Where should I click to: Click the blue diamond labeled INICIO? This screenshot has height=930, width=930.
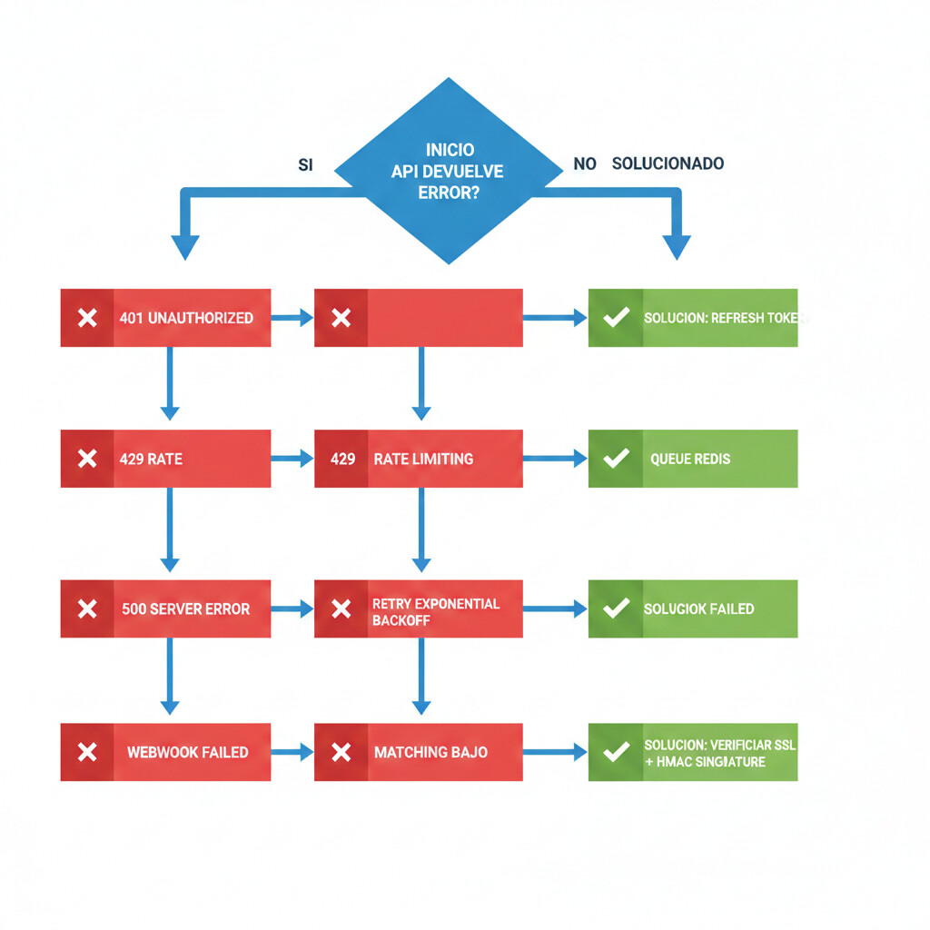pos(449,171)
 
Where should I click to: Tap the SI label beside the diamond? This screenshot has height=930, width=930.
pos(305,164)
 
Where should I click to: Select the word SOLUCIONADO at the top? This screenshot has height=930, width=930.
pos(668,163)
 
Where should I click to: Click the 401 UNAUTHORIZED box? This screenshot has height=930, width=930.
pos(165,318)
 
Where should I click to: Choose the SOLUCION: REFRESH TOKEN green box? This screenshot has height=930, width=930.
pos(693,318)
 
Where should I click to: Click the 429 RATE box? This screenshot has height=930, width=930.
pos(165,459)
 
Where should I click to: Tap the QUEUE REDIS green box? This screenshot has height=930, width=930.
pos(693,459)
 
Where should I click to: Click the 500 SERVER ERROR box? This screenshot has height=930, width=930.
pos(165,608)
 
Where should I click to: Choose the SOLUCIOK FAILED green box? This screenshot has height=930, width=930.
pos(693,608)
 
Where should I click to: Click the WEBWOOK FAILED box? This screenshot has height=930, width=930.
pos(165,752)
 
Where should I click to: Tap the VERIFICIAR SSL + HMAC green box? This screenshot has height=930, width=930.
pos(693,752)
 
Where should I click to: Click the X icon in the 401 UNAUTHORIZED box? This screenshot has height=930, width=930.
pos(87,318)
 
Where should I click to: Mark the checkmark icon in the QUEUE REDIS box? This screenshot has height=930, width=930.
pos(616,459)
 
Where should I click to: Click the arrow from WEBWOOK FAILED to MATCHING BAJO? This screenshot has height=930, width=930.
pos(292,752)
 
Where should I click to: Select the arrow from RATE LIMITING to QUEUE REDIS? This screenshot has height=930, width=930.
pos(555,459)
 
